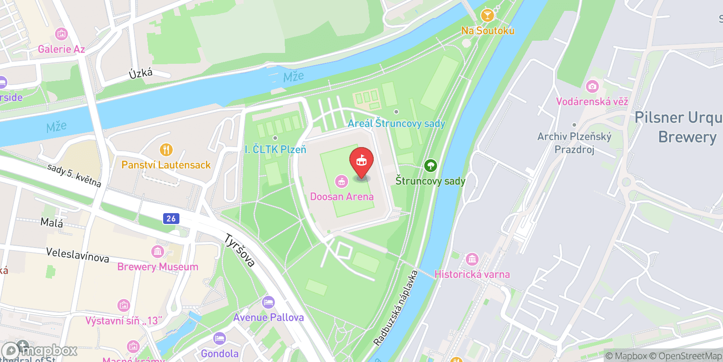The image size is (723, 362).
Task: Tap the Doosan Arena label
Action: point(342,197)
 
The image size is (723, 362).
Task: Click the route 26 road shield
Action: point(171,219)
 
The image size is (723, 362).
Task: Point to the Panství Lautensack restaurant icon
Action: point(166,150)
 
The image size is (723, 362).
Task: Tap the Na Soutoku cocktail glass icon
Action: point(487,16)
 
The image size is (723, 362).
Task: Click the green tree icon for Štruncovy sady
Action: point(430,166)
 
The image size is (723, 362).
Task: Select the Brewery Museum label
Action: point(158,267)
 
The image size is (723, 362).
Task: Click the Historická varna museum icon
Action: point(472,259)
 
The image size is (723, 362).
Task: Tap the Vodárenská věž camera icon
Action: point(592,86)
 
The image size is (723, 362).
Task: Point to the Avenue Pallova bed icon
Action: point(268,302)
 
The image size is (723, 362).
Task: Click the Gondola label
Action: point(220,353)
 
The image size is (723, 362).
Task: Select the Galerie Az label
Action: point(61,49)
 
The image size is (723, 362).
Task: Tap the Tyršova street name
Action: point(239,250)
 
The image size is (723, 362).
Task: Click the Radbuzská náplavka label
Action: point(395,308)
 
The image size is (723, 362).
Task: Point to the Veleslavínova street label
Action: point(78,255)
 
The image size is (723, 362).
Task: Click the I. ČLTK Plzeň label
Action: point(275,149)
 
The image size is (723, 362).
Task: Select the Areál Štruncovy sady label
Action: point(396,124)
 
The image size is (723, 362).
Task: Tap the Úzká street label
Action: point(141,73)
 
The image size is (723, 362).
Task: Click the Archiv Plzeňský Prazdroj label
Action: point(574,143)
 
